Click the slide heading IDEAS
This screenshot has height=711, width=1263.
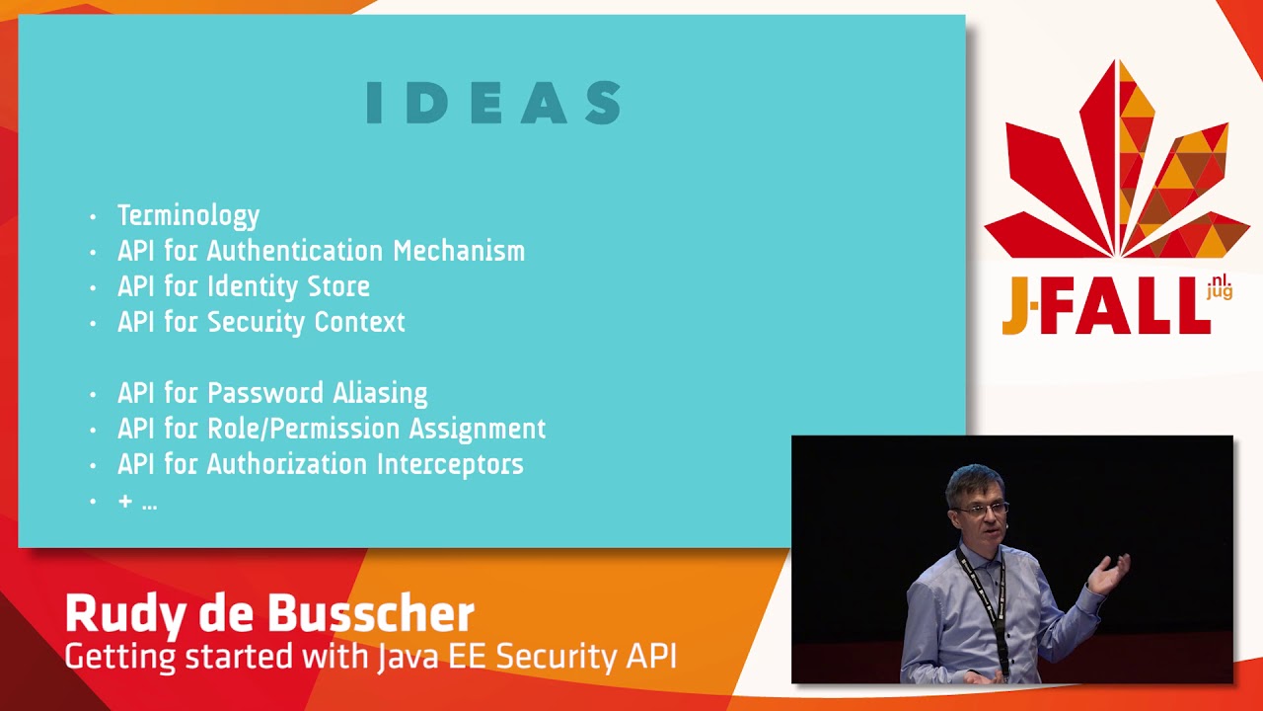pyautogui.click(x=493, y=103)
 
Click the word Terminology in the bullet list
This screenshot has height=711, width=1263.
pyautogui.click(x=188, y=215)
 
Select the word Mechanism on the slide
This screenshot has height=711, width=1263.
pyautogui.click(x=459, y=251)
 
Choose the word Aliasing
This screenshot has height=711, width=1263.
pyautogui.click(x=380, y=393)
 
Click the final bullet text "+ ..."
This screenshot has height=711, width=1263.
pyautogui.click(x=137, y=502)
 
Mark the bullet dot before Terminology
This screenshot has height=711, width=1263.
pyautogui.click(x=93, y=216)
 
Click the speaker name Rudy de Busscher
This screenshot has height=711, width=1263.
pyautogui.click(x=269, y=614)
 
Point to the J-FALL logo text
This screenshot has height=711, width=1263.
pyautogui.click(x=1105, y=307)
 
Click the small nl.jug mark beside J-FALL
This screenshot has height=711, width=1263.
pyautogui.click(x=1220, y=288)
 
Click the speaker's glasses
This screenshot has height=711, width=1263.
pyautogui.click(x=979, y=508)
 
